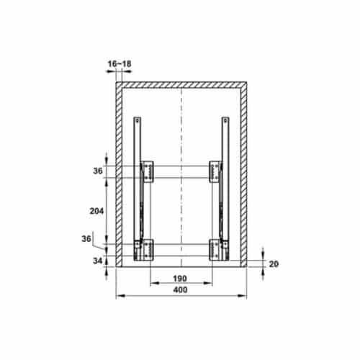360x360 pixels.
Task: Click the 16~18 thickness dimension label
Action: [x=120, y=64]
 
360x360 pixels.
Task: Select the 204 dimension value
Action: [x=98, y=212]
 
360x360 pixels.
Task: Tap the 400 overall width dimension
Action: [x=181, y=289]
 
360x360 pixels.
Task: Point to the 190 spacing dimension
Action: [x=181, y=279]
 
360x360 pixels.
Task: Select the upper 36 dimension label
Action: [x=99, y=171]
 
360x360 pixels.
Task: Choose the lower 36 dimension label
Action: [x=87, y=239]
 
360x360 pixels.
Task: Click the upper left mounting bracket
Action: [x=148, y=170]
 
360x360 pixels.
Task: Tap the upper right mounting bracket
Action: [x=214, y=170]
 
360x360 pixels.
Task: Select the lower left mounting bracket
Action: [x=148, y=248]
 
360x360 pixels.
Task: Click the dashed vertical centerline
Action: [x=181, y=144]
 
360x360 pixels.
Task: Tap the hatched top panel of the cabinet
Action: [x=181, y=84]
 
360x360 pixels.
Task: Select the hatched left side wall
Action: [x=119, y=173]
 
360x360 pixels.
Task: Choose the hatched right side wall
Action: [x=243, y=173]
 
